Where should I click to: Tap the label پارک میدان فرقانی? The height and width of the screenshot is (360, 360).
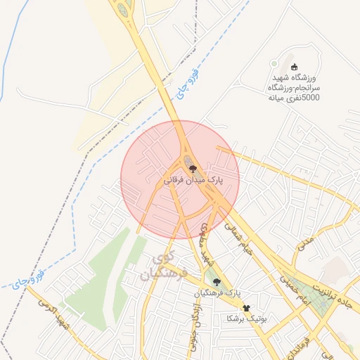point(193,180)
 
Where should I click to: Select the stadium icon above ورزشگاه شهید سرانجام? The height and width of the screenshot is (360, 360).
point(294,65)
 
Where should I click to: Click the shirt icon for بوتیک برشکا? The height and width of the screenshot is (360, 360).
point(246,308)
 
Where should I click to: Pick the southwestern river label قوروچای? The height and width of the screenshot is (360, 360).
point(29,278)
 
